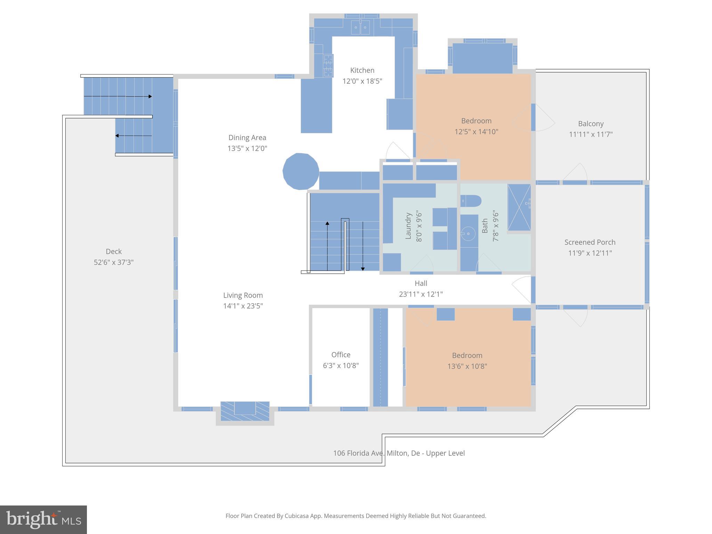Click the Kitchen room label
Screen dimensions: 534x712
362,70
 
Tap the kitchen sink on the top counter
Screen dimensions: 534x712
360,27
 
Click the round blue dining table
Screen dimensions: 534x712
301,171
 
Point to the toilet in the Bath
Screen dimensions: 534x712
471,201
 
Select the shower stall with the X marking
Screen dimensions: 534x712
519,207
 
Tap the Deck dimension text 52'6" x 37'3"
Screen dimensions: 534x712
114,262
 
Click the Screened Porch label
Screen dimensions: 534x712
590,242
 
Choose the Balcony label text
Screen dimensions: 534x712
591,124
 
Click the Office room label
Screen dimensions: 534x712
341,355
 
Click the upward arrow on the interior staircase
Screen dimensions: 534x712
327,224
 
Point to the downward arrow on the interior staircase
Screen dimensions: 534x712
363,268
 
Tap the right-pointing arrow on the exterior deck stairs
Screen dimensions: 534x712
149,96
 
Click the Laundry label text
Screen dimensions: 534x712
408,226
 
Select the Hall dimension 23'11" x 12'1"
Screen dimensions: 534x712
421,294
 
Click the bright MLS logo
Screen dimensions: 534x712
43,519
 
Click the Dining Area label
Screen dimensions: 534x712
247,138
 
